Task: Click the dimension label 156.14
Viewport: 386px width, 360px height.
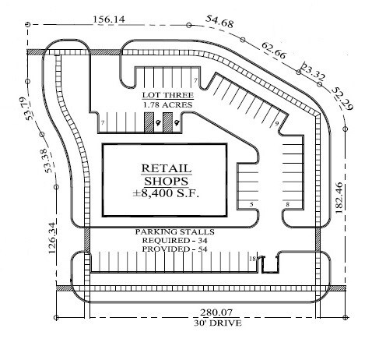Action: pos(109,19)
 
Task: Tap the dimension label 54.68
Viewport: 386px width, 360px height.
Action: pos(219,21)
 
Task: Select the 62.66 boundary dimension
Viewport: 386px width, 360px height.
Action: pos(274,51)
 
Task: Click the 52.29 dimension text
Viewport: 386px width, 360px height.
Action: pos(342,98)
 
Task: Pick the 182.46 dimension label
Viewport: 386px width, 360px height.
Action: pos(339,198)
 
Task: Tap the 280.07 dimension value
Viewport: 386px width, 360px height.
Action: pos(216,312)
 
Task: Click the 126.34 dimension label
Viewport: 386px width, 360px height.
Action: pos(52,238)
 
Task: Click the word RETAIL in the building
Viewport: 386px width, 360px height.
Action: pos(167,168)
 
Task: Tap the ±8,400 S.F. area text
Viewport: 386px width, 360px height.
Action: pos(166,193)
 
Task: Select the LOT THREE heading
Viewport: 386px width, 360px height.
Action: pos(168,95)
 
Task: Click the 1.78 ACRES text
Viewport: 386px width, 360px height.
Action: pos(168,105)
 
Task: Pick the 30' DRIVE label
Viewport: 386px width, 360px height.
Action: pos(218,323)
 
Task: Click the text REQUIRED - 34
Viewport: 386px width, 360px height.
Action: pos(174,240)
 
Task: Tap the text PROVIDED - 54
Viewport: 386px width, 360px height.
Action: pos(174,249)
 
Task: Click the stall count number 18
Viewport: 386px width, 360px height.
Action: pos(252,259)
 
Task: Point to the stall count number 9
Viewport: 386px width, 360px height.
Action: pos(277,124)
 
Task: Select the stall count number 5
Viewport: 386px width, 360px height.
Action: pos(251,204)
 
